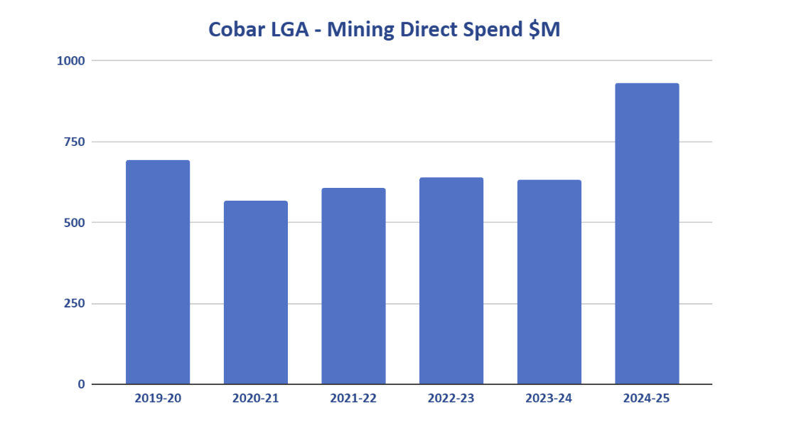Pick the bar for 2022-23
click(x=451, y=280)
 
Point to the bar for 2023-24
click(x=549, y=282)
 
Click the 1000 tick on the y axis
click(x=71, y=61)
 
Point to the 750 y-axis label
click(x=74, y=142)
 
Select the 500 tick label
click(x=74, y=223)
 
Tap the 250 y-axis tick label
click(x=74, y=304)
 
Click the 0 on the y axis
click(x=81, y=384)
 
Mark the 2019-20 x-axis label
click(x=158, y=399)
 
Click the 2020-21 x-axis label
click(x=256, y=399)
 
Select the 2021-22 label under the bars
click(x=353, y=399)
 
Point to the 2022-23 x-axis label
click(x=451, y=399)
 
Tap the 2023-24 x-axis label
click(x=549, y=399)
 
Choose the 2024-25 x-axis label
click(x=647, y=399)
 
